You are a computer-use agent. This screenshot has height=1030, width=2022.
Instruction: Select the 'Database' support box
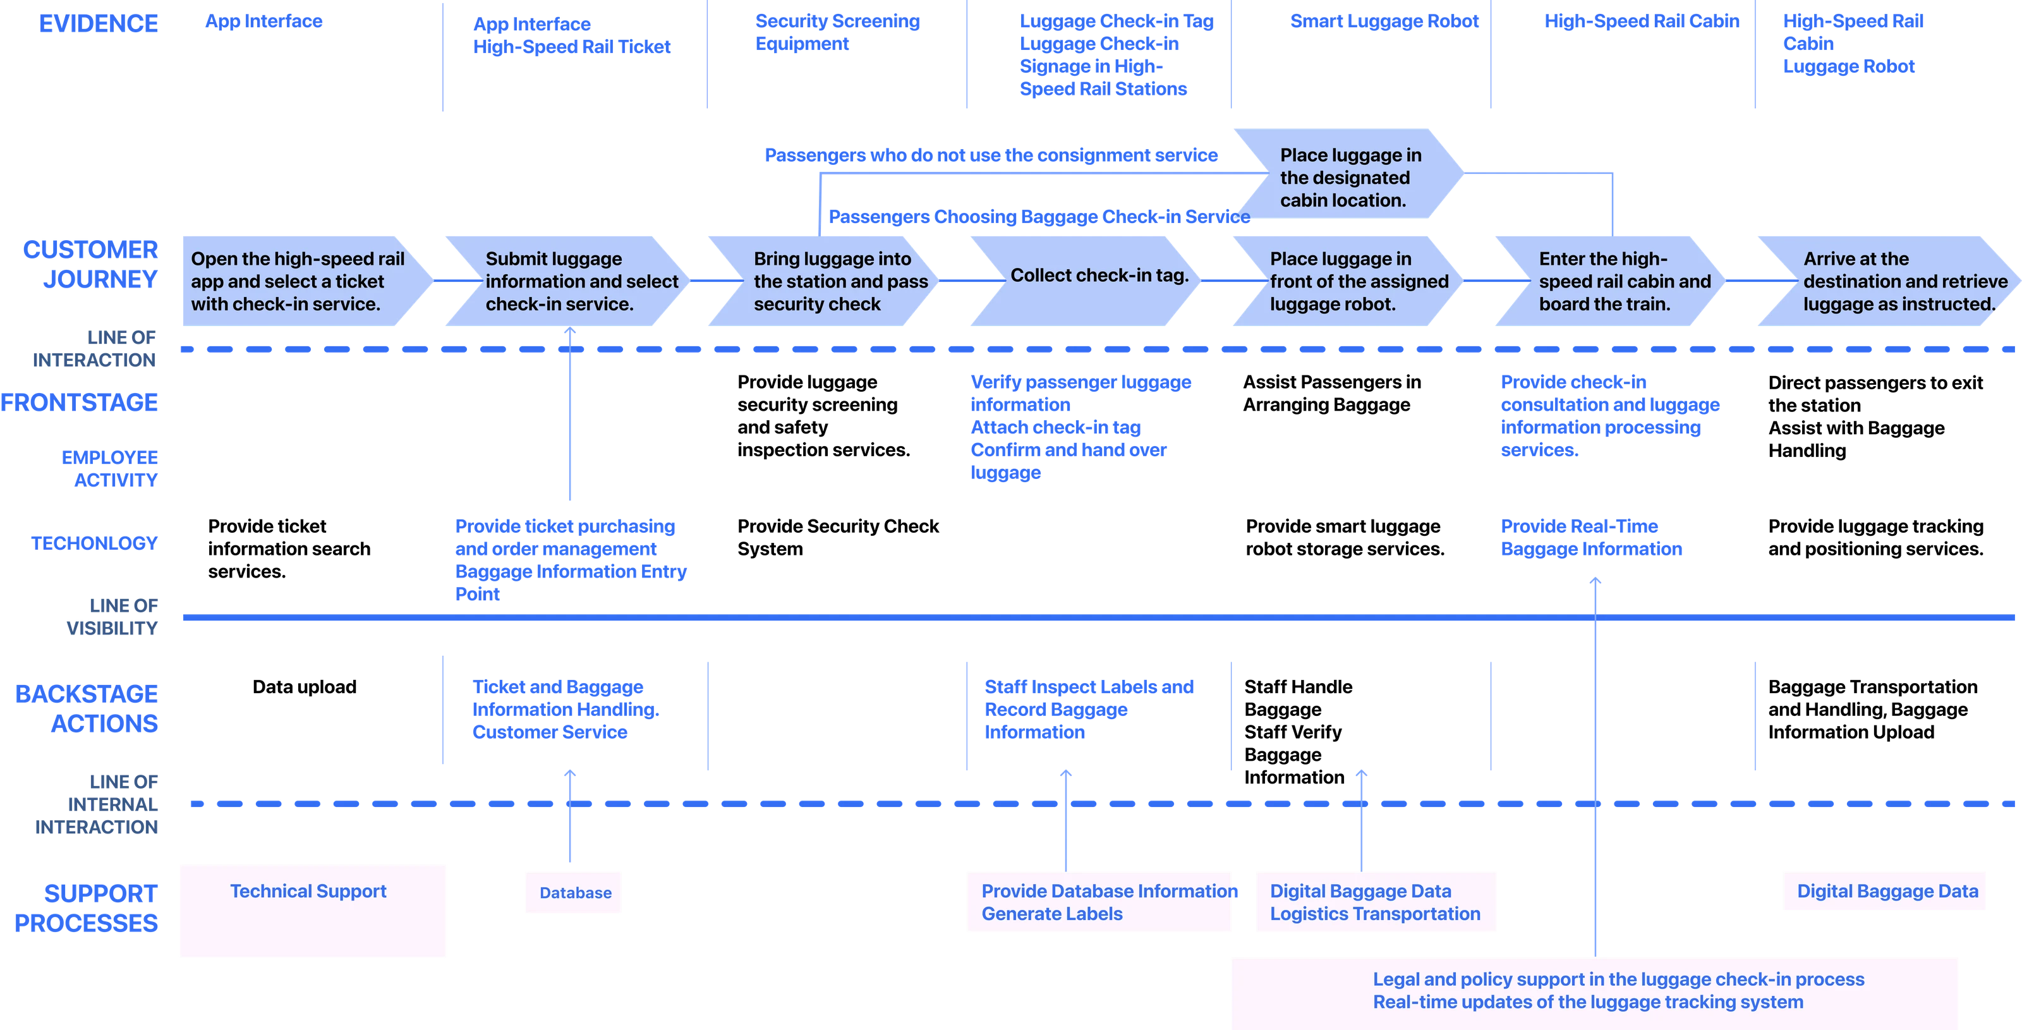[574, 893]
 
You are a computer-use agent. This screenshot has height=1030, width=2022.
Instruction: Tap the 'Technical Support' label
[308, 891]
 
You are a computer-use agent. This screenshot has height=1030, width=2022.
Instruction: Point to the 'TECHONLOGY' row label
[94, 543]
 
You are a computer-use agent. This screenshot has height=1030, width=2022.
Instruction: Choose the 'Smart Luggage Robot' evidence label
[1384, 21]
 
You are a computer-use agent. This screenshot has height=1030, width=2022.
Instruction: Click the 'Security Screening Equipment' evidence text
[837, 32]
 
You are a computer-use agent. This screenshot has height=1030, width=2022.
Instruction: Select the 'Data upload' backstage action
[305, 687]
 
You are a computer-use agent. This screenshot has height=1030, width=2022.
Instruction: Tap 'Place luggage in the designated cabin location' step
[1348, 174]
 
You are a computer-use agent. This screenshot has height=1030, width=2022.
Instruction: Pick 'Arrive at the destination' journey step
[1889, 281]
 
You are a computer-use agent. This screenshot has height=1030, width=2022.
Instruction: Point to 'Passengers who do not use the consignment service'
[991, 155]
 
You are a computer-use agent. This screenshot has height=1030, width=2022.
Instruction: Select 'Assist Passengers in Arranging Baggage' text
[1331, 393]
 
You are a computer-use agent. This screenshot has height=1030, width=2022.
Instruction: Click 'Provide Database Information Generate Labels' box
[1099, 902]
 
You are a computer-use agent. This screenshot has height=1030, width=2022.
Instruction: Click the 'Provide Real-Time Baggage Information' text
[1591, 538]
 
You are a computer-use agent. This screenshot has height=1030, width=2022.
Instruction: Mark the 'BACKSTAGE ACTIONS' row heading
[87, 709]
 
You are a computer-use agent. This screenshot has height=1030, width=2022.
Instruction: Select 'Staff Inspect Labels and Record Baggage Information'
[1089, 710]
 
